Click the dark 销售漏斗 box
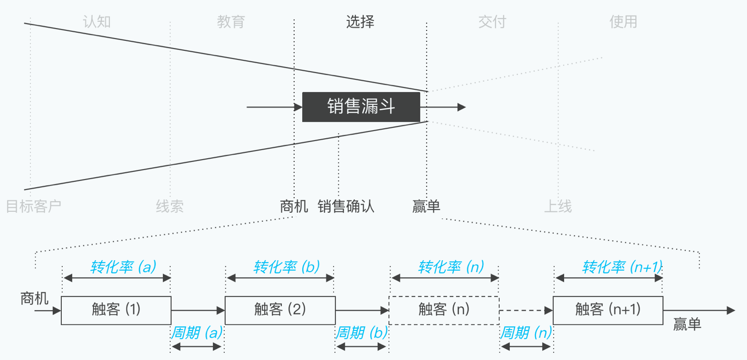coord(361,107)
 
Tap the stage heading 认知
coord(97,22)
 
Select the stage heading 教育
coord(231,22)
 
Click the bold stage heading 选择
coord(360,22)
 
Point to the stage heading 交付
coord(492,22)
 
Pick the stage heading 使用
coord(623,22)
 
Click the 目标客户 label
coord(34,206)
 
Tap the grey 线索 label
coord(170,206)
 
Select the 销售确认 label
coord(346,206)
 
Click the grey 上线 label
coord(558,206)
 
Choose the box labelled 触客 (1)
coord(116,310)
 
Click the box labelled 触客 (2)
coord(280,310)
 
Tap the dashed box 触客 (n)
coord(444,310)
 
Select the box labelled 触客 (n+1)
coord(608,310)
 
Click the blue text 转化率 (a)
coord(124,267)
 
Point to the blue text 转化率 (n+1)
coord(622,267)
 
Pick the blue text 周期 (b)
coord(362,332)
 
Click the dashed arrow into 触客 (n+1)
coord(526,310)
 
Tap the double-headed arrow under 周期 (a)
coord(197,347)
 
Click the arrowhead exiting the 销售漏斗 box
coord(461,107)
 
